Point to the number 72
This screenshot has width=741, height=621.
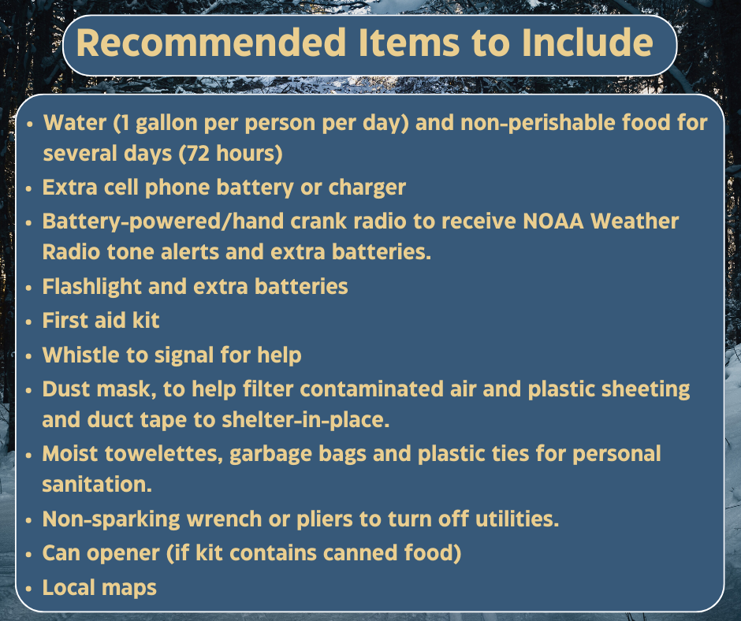tap(194, 154)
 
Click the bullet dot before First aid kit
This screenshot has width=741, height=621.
tap(29, 321)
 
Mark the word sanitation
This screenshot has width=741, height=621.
tap(97, 485)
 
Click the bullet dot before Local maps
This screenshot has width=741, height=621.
tap(29, 587)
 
